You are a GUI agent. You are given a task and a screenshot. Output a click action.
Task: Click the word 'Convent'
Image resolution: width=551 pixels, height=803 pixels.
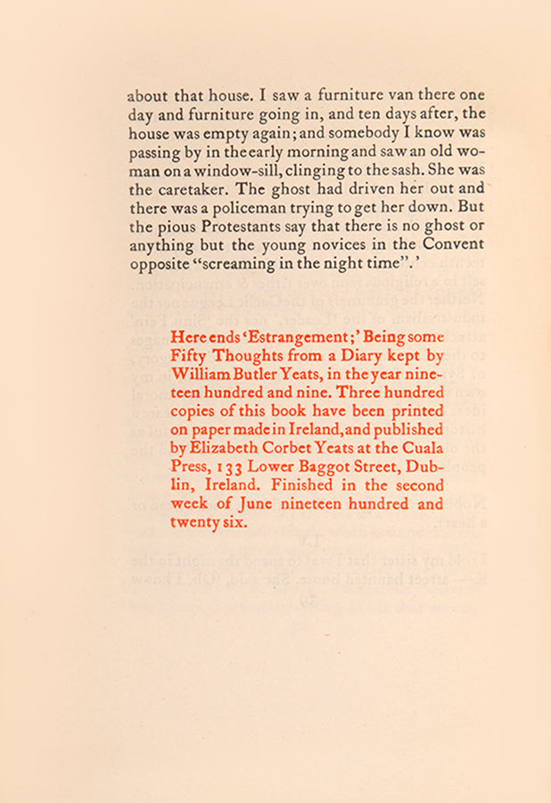pos(455,244)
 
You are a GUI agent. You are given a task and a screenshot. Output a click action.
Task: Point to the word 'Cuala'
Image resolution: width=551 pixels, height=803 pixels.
pos(422,449)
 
